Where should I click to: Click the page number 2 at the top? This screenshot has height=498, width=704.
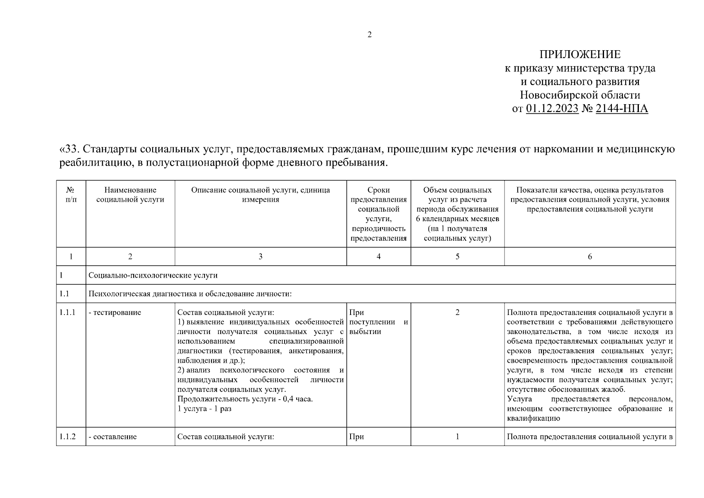tap(370, 35)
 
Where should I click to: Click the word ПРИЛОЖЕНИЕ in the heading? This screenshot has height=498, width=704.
tap(580, 54)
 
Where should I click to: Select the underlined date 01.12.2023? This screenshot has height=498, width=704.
tap(552, 109)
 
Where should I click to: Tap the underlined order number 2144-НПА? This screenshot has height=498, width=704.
tap(621, 109)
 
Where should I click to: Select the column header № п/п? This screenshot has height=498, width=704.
tap(71, 195)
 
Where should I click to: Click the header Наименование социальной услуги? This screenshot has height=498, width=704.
tap(130, 195)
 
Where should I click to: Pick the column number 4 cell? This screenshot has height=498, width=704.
tap(378, 257)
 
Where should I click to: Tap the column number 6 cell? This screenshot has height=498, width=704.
tap(590, 257)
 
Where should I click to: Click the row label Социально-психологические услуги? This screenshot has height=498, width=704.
tap(153, 275)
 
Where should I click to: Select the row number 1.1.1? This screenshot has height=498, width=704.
tap(67, 312)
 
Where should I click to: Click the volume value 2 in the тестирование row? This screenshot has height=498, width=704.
tap(457, 312)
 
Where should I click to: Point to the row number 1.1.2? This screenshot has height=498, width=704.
tap(67, 437)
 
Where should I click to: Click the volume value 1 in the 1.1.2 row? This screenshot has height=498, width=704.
tap(457, 437)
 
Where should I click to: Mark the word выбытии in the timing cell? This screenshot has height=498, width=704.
tap(365, 332)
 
